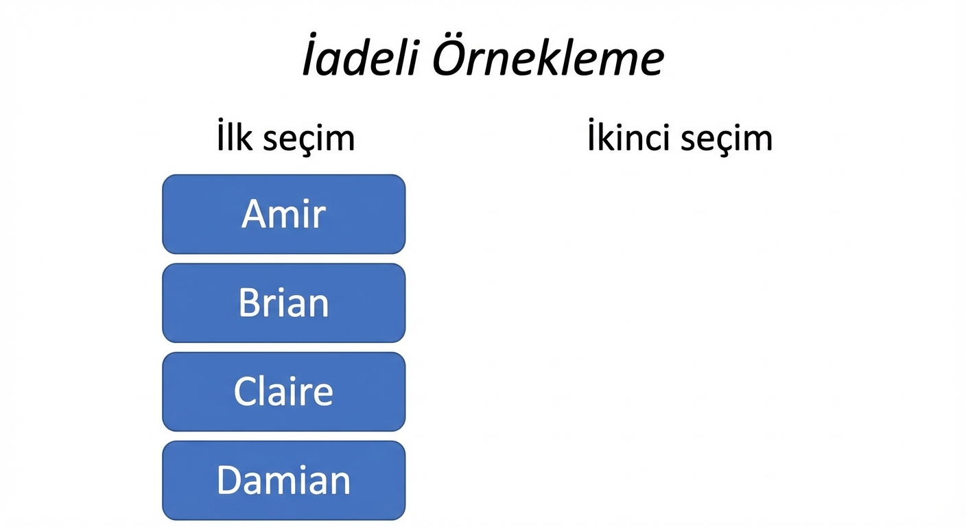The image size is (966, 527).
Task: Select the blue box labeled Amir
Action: [x=283, y=214]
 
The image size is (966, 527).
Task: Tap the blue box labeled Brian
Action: [x=283, y=303]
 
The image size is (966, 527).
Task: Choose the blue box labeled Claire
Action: [x=283, y=391]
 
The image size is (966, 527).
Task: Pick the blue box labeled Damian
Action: [x=283, y=480]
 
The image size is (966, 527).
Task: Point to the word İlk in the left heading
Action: [x=234, y=138]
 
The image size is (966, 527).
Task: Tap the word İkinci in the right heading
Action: [x=627, y=138]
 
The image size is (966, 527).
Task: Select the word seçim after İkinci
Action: [x=727, y=139]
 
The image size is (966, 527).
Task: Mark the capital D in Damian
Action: [x=230, y=480]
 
